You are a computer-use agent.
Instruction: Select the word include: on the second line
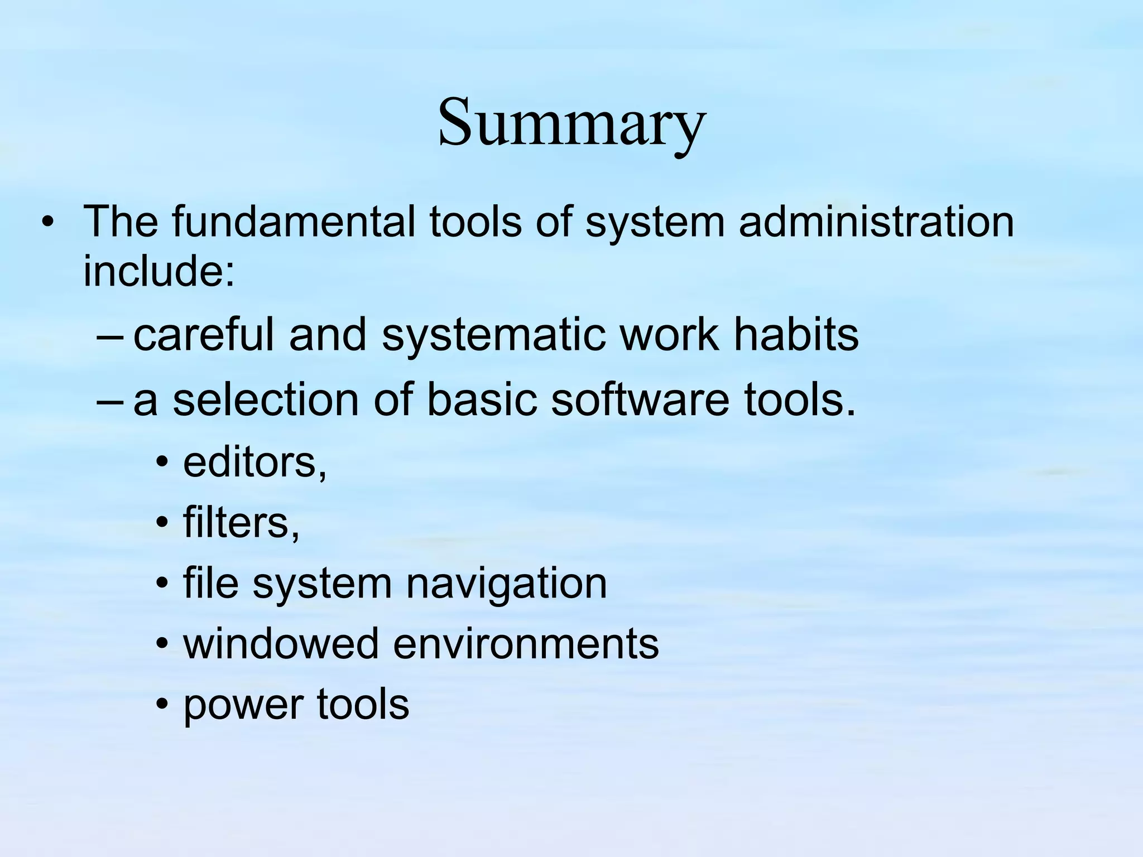click(159, 271)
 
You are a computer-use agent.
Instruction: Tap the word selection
click(266, 400)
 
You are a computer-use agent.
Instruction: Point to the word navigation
click(506, 584)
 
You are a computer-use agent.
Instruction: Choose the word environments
click(526, 643)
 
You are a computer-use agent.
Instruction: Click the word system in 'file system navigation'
click(323, 584)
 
